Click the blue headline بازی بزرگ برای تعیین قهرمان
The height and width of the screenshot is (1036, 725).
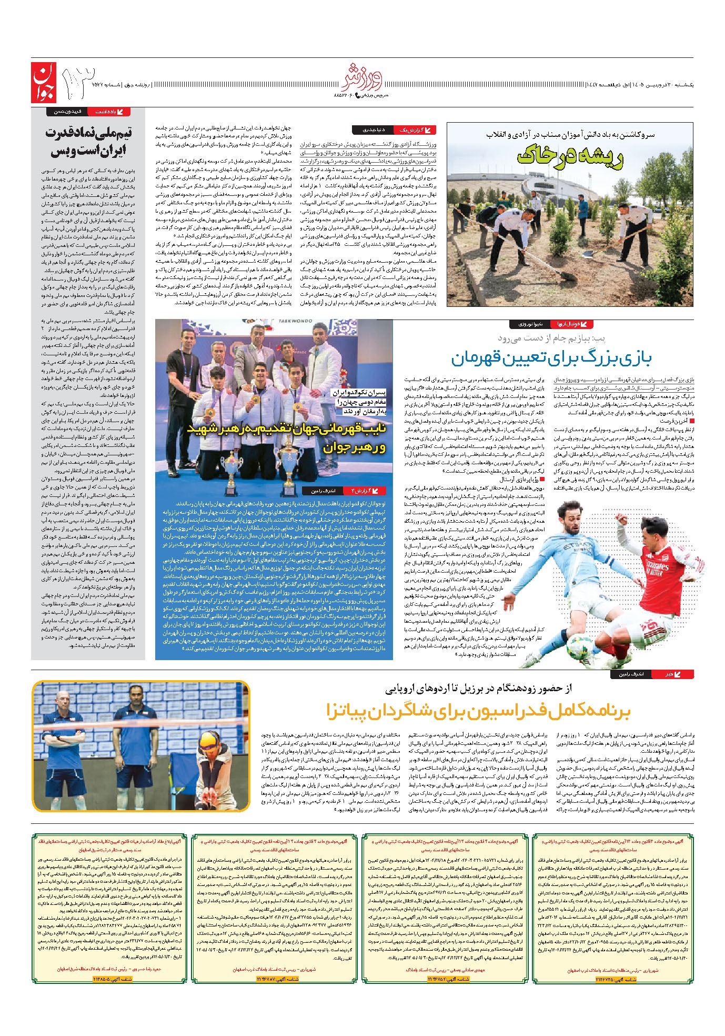click(x=551, y=359)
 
